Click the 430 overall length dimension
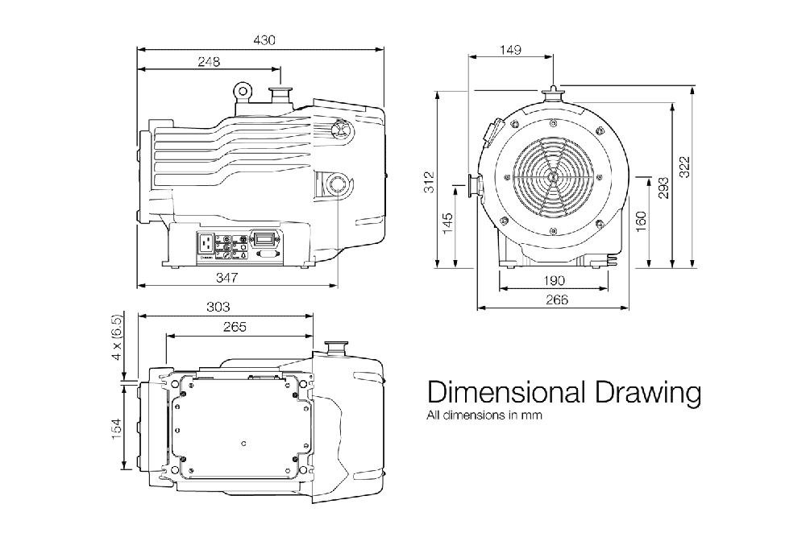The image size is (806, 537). coord(264,40)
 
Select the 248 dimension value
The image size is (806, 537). coord(209,62)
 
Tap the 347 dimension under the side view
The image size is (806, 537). coord(226,278)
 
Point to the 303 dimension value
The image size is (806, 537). coord(218,307)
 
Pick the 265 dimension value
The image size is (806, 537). coord(235,327)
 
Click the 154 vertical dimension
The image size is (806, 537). coord(117,428)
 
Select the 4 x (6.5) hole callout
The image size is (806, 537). coord(117,338)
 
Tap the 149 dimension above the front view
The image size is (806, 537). coord(510,50)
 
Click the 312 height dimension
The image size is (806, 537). coord(430,182)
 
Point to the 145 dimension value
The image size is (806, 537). coord(447,224)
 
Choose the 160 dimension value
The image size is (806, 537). coord(641,221)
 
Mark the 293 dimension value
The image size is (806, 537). coord(663,188)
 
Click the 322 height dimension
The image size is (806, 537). coord(684,167)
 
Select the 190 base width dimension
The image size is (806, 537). coord(554,281)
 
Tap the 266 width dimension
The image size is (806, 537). coord(557,299)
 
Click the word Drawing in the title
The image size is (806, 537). coord(648,393)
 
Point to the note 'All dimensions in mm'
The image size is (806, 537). coord(484,415)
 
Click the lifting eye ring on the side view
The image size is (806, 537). coord(242,91)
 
